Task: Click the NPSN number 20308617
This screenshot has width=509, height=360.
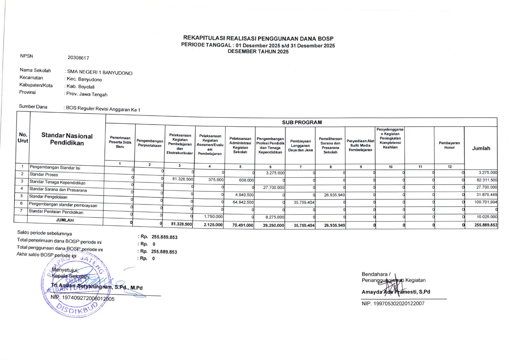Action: coord(78,58)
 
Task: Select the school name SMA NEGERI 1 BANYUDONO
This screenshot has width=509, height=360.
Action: coord(100,72)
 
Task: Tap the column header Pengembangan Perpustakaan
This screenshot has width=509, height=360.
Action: coord(150,143)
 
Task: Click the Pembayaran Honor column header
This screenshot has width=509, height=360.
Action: coord(449,145)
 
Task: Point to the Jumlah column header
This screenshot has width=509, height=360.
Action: coord(481,148)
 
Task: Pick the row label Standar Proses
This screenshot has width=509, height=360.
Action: coord(44,174)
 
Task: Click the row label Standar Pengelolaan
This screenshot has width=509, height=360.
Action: coord(48,197)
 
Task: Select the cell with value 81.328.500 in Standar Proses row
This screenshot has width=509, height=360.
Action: coord(183,179)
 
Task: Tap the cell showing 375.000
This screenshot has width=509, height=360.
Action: coord(216,180)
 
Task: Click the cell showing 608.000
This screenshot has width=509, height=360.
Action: coord(246,180)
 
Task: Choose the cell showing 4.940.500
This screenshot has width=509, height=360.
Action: coord(244,195)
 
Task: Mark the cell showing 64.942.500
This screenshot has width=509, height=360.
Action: coord(243,202)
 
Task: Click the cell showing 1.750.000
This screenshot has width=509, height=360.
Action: coord(213,216)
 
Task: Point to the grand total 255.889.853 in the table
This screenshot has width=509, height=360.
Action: coord(485,225)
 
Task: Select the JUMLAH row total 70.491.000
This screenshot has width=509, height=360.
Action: coord(243,225)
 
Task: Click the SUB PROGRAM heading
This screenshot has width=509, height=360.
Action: coord(302,122)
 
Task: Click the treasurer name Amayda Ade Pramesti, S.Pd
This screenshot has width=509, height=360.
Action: coord(396,292)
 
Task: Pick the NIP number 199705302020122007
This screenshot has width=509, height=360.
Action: coord(393,303)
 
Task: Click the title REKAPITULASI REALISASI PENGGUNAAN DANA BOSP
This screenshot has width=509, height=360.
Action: coord(258,39)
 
